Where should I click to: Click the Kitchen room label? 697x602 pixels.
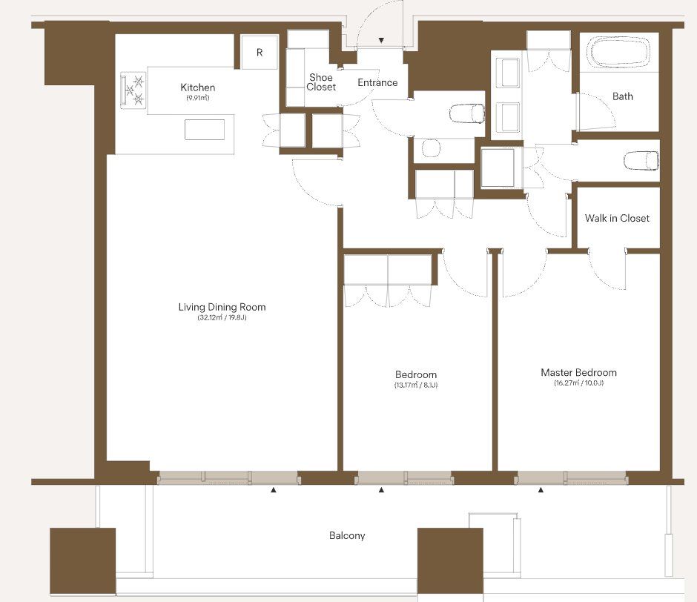tap(198, 87)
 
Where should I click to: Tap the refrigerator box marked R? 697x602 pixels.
tap(260, 53)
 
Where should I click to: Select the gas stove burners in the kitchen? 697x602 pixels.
tap(133, 90)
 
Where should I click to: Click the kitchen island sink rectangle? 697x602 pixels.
tap(205, 130)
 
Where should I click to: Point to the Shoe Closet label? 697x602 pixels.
tap(321, 82)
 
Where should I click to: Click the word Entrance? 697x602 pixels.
tap(377, 83)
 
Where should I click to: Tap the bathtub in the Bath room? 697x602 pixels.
tap(618, 53)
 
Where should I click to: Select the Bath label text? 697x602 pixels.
tap(622, 96)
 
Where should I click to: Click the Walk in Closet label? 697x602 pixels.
tap(617, 218)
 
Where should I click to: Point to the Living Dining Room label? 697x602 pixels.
tap(222, 307)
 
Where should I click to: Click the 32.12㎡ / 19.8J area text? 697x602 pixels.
tap(222, 318)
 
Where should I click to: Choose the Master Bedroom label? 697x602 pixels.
tap(578, 373)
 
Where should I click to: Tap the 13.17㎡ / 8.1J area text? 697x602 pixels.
tap(416, 385)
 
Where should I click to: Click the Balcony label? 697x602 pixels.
tap(347, 536)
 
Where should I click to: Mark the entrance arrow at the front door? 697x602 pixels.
tap(381, 41)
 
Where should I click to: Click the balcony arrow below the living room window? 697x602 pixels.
tap(274, 490)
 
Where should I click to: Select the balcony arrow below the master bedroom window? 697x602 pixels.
tap(541, 490)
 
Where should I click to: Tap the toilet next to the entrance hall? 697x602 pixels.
tap(466, 113)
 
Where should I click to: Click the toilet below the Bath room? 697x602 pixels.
tap(641, 160)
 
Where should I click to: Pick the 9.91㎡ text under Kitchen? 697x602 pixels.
tap(198, 99)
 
